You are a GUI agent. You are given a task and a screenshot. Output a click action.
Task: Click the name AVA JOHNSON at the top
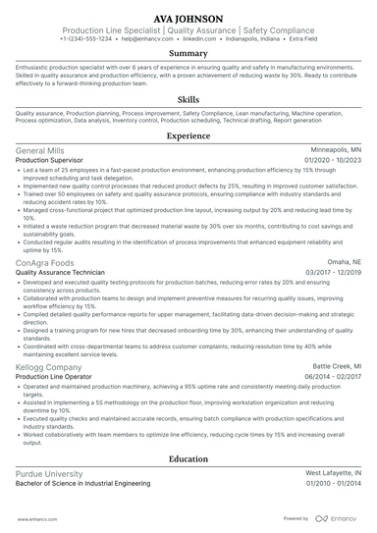[x=188, y=19]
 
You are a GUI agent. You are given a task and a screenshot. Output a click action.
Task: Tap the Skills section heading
[x=188, y=100]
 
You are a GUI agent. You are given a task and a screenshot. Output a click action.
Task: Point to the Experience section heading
[x=188, y=136]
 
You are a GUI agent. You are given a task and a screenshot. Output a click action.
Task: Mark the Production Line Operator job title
[x=57, y=376]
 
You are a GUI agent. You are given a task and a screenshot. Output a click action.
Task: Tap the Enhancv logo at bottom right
[x=338, y=517]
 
